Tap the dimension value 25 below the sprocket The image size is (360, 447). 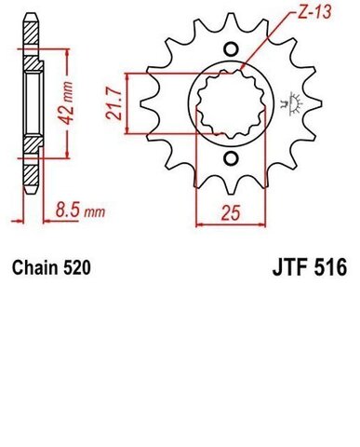232,210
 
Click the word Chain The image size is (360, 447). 34,270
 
